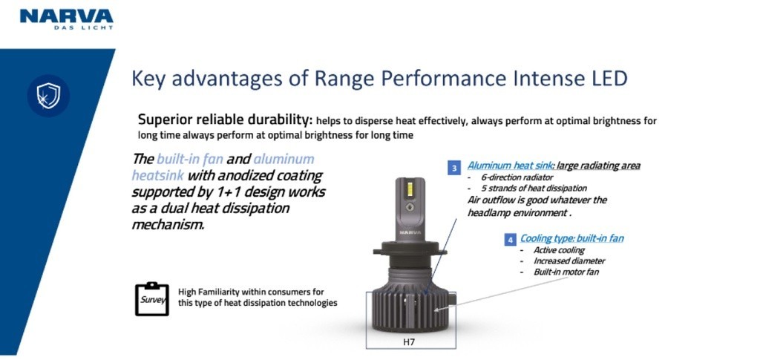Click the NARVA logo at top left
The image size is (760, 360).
pos(66,19)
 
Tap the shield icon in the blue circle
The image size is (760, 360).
pos(48,96)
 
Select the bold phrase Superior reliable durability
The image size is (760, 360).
pos(224,120)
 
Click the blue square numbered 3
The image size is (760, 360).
pos(454,168)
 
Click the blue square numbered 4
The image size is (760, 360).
pos(510,239)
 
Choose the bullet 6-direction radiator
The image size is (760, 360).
pos(517,177)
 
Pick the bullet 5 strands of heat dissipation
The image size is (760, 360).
pos(534,188)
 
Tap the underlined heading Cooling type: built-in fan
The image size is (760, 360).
pos(572,238)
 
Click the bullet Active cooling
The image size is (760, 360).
pos(559,250)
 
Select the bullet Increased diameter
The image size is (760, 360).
pos(569,261)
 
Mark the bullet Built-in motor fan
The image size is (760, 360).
pos(566,272)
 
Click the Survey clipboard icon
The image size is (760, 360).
pos(151,299)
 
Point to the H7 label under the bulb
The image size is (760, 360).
pos(410,342)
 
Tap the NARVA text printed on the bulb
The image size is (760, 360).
pos(410,232)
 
